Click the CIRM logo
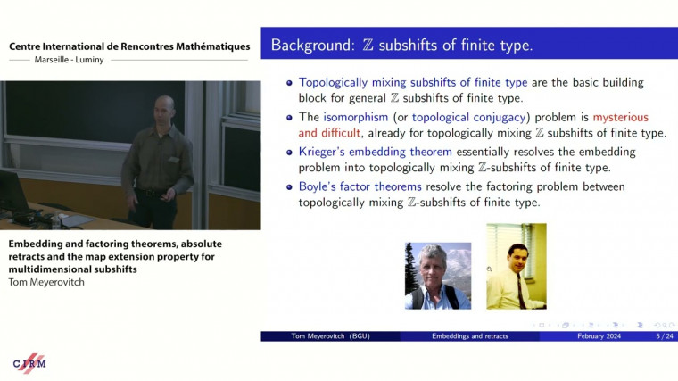tap(29, 363)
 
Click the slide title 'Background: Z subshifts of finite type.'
tap(401, 44)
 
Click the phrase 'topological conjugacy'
tap(481, 117)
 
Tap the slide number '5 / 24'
tap(664, 336)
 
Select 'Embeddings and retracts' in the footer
tap(469, 336)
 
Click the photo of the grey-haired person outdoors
tap(438, 276)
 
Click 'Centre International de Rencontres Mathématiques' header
tap(129, 46)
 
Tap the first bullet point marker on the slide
tap(289, 82)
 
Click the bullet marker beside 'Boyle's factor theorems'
tap(289, 186)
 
